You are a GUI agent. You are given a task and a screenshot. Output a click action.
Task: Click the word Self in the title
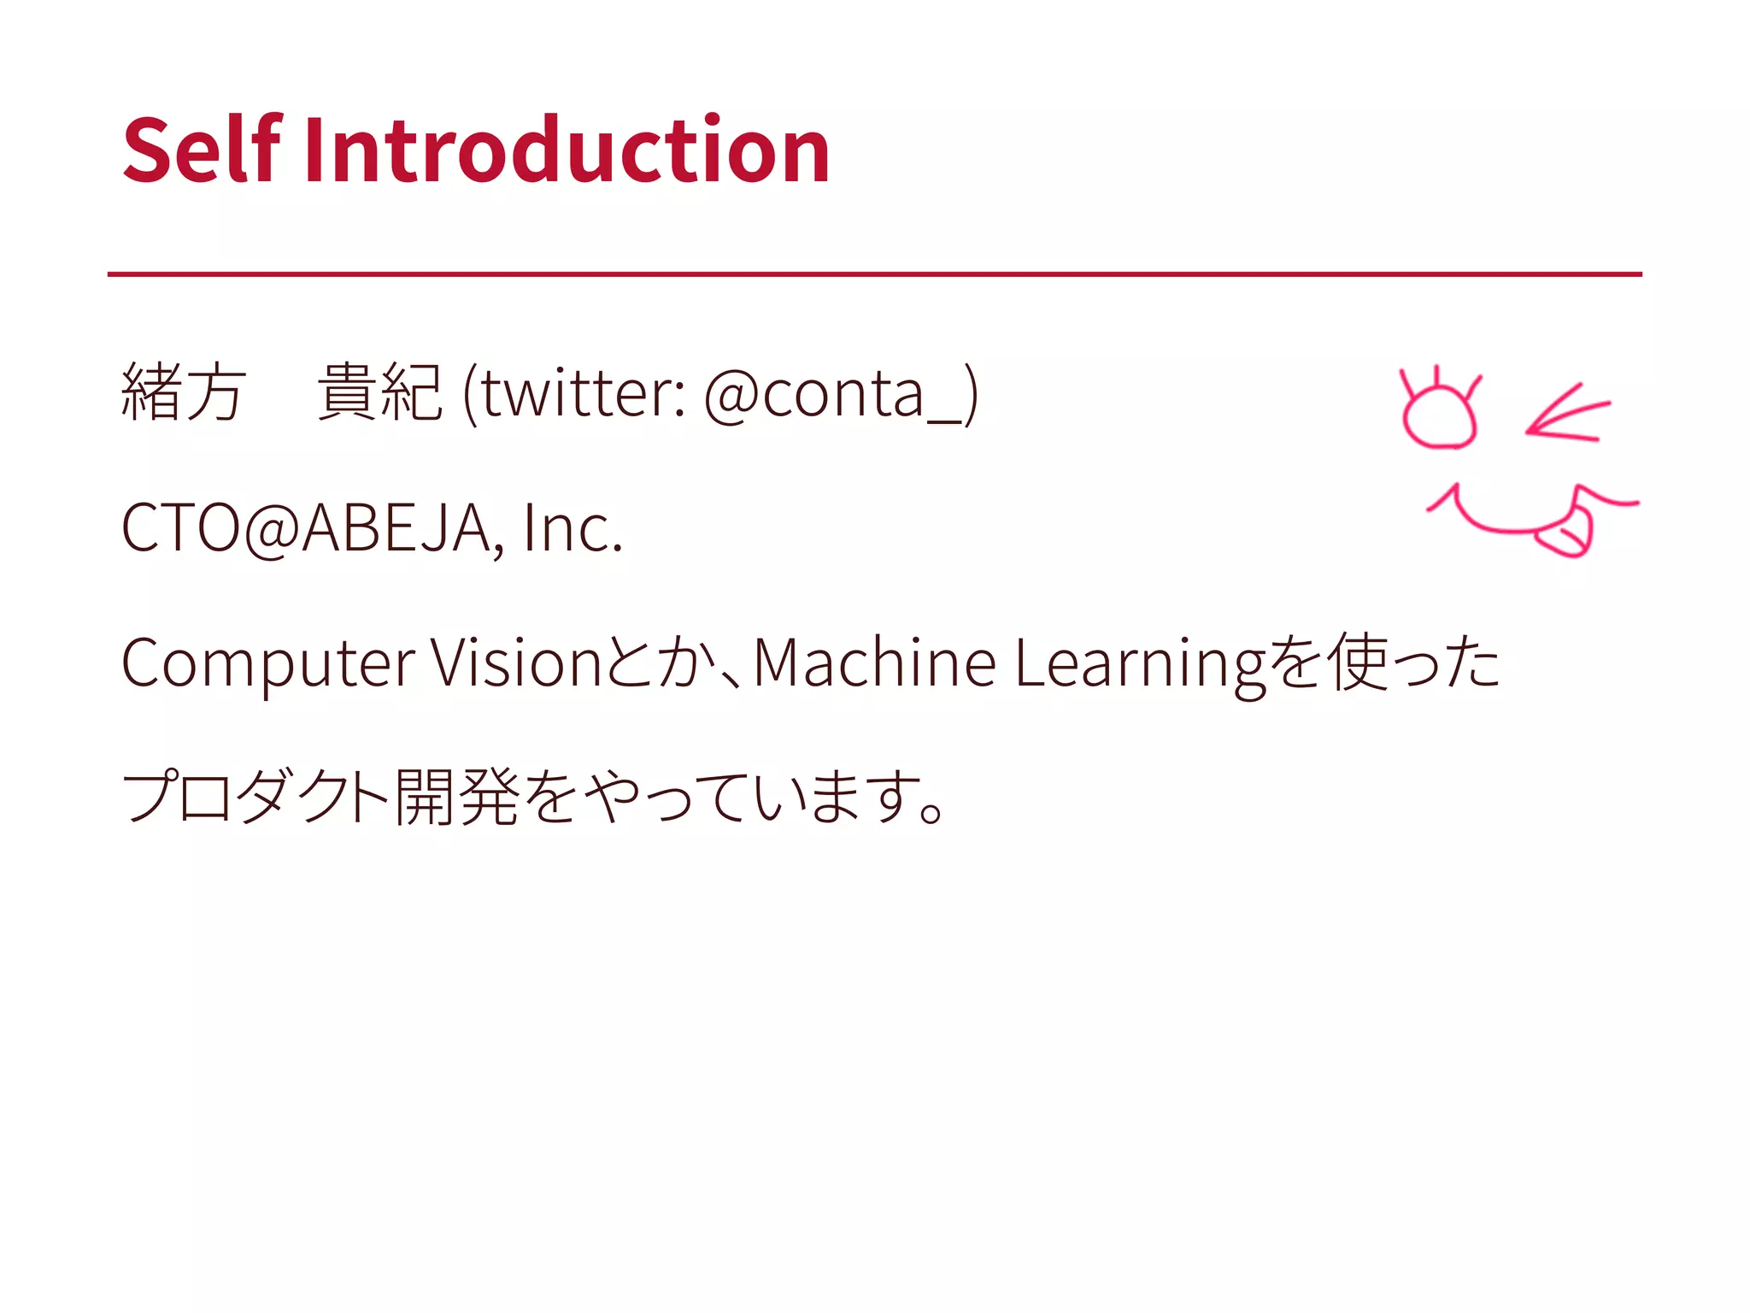pos(202,150)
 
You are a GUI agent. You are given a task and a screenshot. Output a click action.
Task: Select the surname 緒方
pos(184,392)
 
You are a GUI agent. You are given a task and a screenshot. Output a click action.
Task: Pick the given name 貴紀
pos(379,392)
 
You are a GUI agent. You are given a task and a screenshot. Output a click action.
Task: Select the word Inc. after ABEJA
pos(573,528)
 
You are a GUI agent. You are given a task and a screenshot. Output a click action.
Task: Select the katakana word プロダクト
pos(256,797)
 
